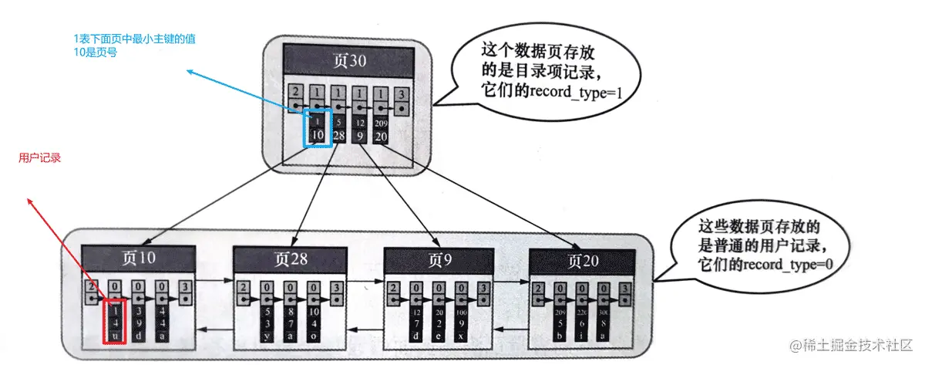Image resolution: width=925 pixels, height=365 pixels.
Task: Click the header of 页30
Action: point(348,59)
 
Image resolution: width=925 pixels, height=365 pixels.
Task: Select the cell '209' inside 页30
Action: point(379,123)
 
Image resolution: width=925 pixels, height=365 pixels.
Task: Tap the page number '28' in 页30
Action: point(338,136)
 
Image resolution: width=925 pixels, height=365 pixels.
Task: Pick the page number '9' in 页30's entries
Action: point(359,136)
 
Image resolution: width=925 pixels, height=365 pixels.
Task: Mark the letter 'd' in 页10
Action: point(137,335)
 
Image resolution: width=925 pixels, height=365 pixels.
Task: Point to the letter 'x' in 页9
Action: point(460,335)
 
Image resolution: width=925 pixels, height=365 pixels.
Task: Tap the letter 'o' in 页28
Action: point(313,335)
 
